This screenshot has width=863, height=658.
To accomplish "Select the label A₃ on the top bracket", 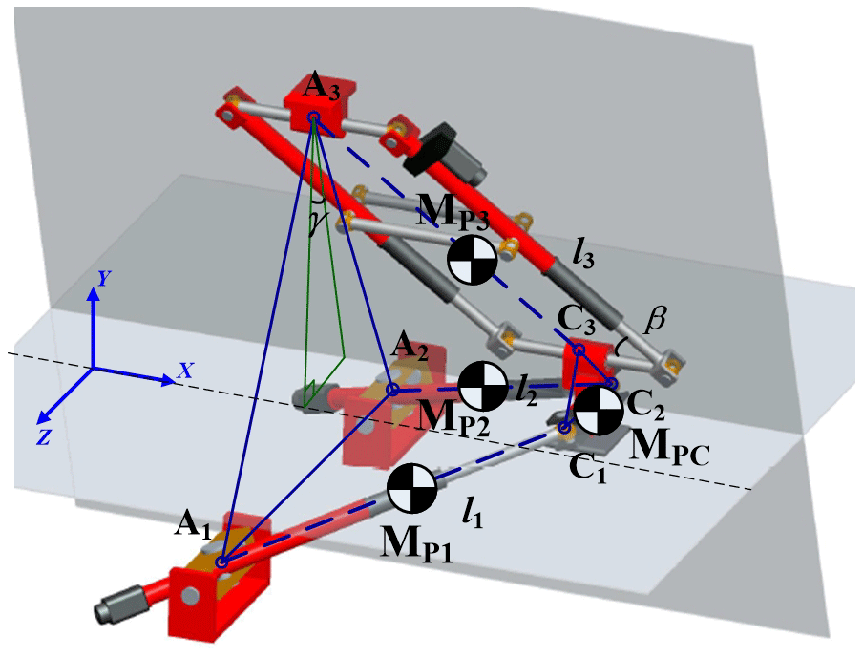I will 320,90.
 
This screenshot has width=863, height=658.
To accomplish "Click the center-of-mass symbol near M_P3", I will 472,259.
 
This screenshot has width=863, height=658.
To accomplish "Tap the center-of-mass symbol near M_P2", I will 484,385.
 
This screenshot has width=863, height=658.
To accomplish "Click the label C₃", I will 578,321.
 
